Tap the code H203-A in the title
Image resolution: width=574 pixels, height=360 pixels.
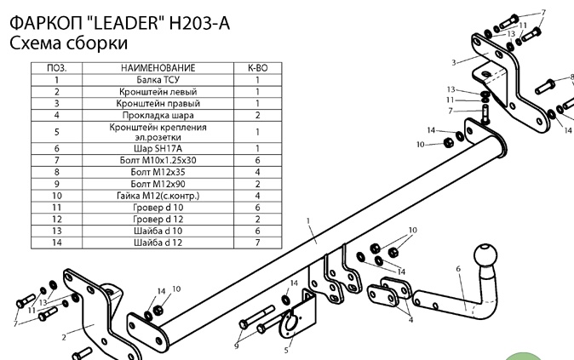coord(199,23)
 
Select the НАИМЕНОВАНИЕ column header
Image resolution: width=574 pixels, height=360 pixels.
coord(158,68)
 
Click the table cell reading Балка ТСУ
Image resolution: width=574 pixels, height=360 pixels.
coord(158,80)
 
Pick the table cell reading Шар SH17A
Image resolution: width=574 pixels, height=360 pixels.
coord(158,149)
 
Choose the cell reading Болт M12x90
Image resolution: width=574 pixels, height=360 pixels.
coord(158,184)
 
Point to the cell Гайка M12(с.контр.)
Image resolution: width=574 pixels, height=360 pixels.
coord(158,196)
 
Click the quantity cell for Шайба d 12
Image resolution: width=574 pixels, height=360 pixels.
coord(258,243)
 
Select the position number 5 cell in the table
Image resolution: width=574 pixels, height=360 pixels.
coord(57,132)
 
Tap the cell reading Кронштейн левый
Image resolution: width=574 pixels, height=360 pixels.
coord(158,92)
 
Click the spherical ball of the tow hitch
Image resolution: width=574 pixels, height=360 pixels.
coord(485,255)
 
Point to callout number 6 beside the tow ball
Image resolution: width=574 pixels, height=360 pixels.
coord(458,269)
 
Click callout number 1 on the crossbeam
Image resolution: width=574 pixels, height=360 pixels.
coord(308,221)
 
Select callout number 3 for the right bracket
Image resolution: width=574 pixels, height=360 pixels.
coord(454,63)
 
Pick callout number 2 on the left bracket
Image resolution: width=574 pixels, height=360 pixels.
coord(64,337)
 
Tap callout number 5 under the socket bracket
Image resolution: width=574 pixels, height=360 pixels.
coord(286,351)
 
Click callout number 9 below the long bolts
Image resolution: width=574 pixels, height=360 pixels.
coord(237,346)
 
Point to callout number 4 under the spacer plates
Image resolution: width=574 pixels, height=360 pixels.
coord(410,320)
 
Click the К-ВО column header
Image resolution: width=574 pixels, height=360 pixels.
coord(258,68)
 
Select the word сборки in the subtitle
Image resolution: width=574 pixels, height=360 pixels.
coord(96,43)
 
